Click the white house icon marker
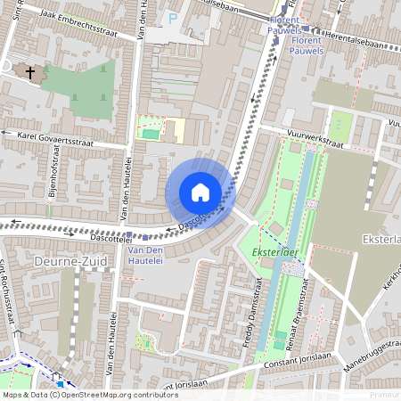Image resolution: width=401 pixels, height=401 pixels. (x=200, y=192)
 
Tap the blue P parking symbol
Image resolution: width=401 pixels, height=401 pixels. (x=172, y=18)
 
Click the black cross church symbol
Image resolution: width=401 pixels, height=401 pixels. (x=30, y=72)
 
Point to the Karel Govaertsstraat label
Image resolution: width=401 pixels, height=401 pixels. (x=56, y=138)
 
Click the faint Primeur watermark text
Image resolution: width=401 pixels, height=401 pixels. (x=384, y=393)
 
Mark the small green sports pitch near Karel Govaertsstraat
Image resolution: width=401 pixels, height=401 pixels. (x=151, y=135)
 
